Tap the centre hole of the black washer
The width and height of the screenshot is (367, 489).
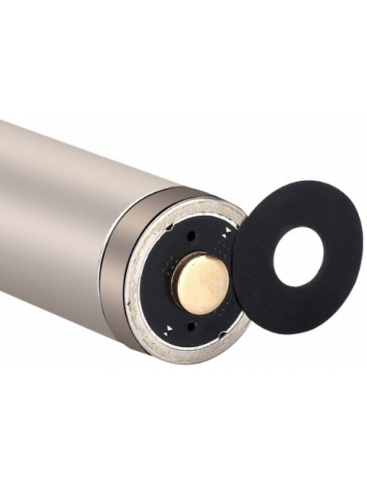pyautogui.click(x=296, y=256)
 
